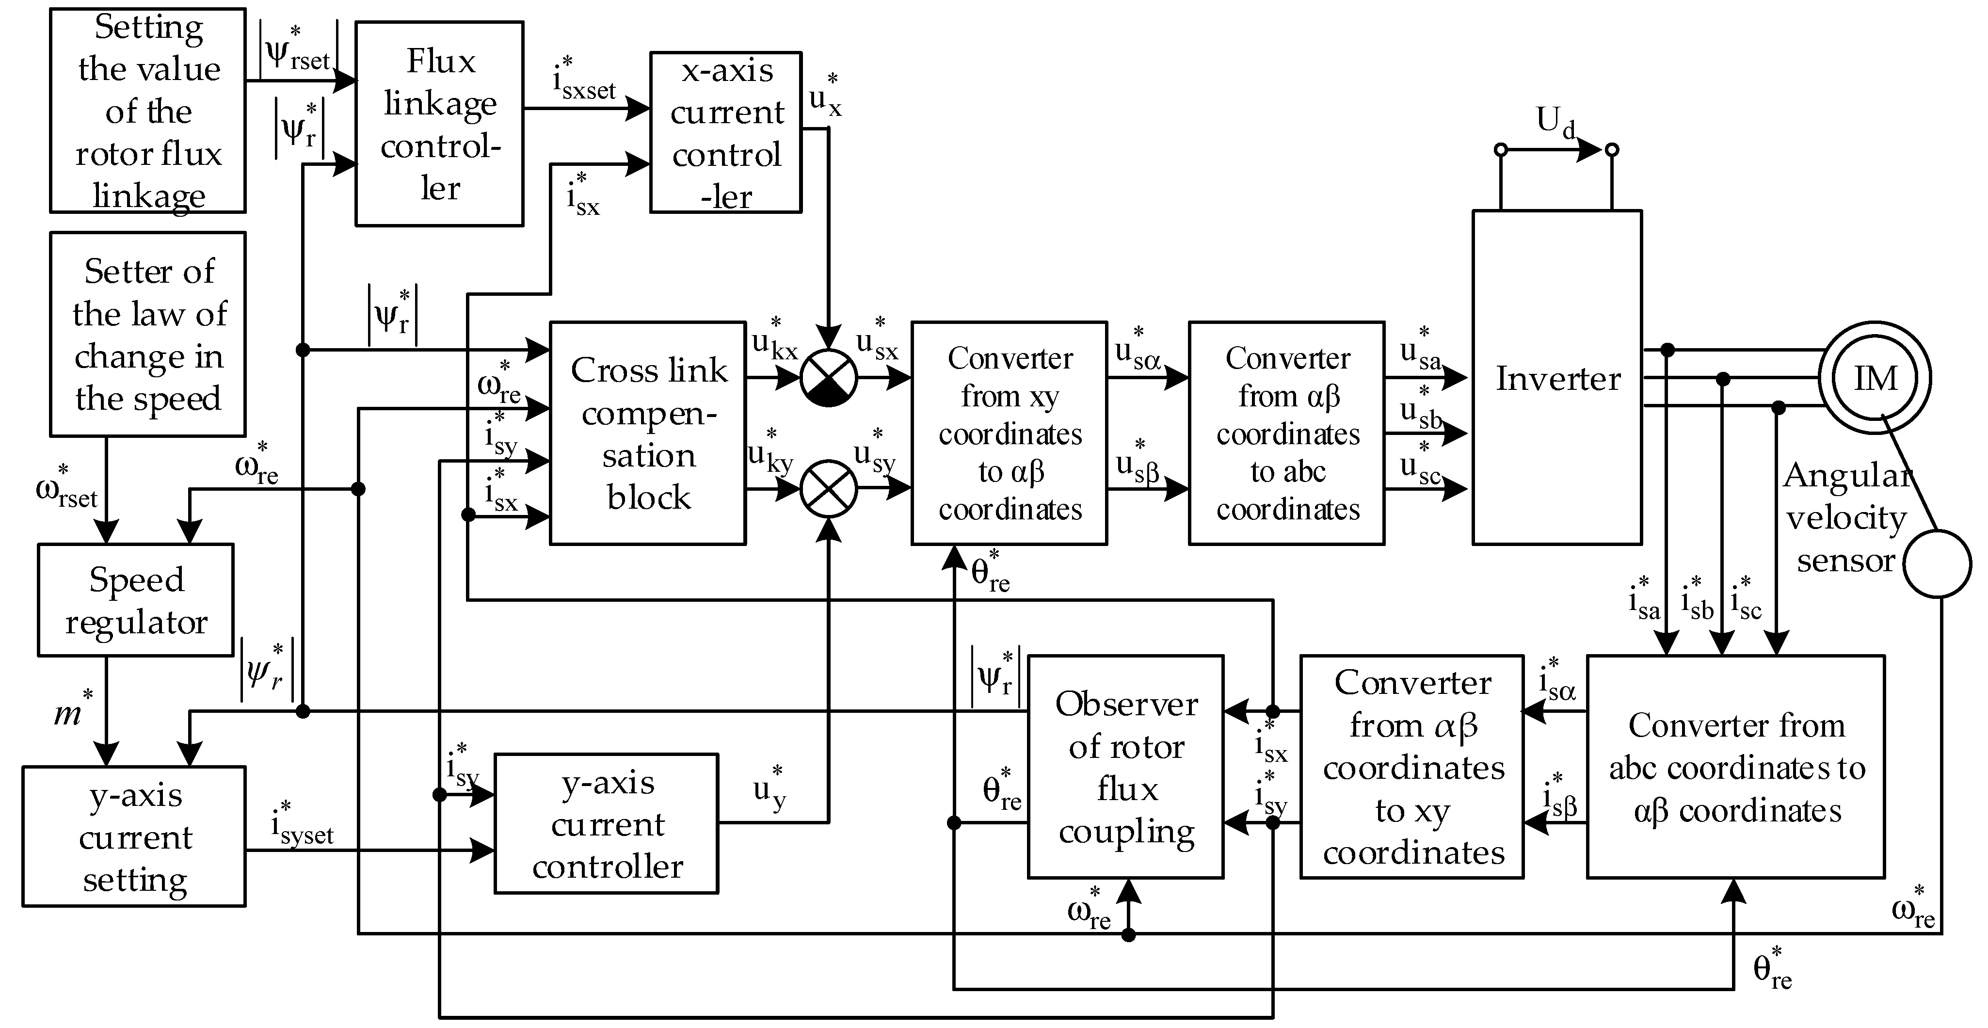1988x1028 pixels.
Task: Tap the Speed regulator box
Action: [x=136, y=600]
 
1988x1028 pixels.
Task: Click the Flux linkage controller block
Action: [x=439, y=124]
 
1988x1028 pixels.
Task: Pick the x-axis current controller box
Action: [x=725, y=133]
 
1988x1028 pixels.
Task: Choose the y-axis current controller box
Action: [x=607, y=823]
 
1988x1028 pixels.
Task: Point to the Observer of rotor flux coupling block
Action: [x=1125, y=766]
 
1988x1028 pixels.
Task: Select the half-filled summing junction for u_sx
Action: [x=828, y=378]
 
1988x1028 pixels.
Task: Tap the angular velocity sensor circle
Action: [x=1937, y=564]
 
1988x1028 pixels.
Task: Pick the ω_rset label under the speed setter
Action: [x=66, y=488]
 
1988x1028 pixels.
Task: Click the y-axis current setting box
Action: [x=134, y=836]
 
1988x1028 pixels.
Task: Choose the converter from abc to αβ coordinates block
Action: [x=1736, y=766]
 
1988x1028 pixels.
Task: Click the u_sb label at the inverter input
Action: [x=1420, y=409]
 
